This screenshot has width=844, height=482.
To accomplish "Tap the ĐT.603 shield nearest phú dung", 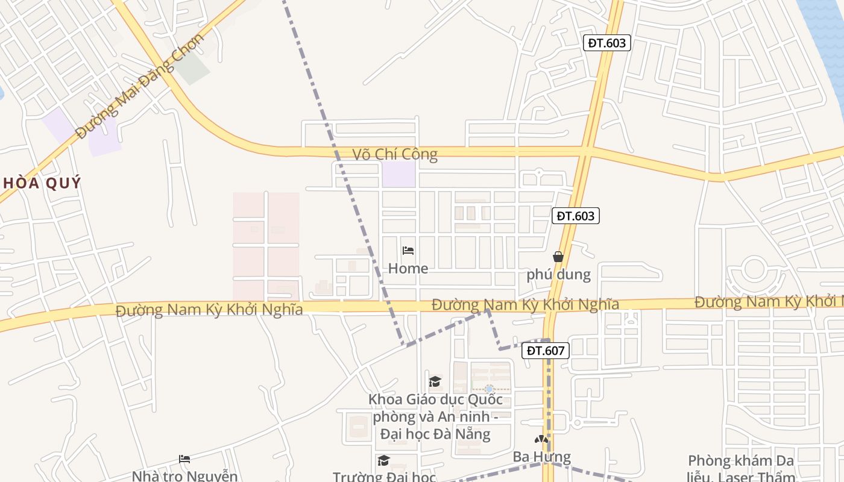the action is (x=576, y=216).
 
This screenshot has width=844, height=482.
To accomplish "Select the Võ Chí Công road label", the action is (x=395, y=154).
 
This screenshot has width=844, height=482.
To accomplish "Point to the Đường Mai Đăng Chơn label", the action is (x=140, y=86).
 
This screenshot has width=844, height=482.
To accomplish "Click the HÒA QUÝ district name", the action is (x=40, y=183).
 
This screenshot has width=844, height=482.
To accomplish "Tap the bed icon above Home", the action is (x=408, y=251).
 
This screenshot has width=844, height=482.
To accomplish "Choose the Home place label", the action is (x=408, y=269).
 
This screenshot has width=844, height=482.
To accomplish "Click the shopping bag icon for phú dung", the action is (x=558, y=257).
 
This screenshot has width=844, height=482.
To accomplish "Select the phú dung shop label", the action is (x=558, y=275).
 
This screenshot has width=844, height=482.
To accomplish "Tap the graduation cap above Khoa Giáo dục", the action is (x=435, y=381).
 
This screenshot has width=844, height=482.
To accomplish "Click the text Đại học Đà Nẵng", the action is (x=435, y=434).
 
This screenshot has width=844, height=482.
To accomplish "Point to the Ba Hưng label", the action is (x=541, y=457).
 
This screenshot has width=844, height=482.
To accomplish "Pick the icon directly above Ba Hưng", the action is (x=541, y=440).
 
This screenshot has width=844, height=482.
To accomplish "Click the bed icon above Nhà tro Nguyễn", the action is (x=184, y=459).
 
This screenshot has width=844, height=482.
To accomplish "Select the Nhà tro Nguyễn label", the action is (x=184, y=476).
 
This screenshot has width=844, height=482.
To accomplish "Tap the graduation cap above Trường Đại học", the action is (x=383, y=461).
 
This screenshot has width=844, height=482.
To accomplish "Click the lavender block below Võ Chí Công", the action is (x=399, y=174).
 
